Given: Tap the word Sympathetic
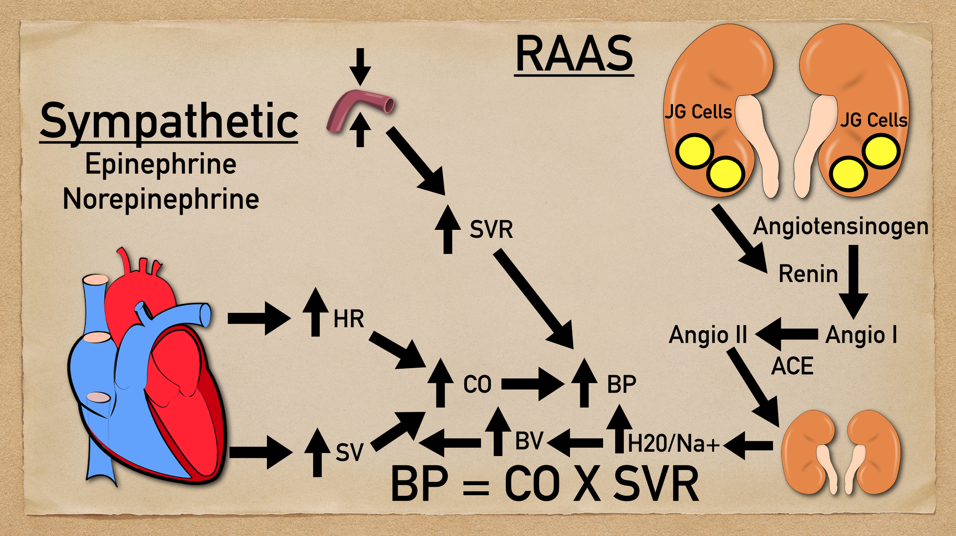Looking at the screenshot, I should pyautogui.click(x=169, y=122).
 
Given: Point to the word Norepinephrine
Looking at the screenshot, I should pyautogui.click(x=161, y=199).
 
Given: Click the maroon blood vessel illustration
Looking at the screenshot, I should pyautogui.click(x=359, y=109).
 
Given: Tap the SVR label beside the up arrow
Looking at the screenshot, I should pyautogui.click(x=491, y=230).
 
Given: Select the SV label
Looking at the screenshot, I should pyautogui.click(x=349, y=452).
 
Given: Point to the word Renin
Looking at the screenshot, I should pyautogui.click(x=808, y=274).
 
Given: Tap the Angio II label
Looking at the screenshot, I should pyautogui.click(x=708, y=335).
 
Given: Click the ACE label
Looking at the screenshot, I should pyautogui.click(x=792, y=366).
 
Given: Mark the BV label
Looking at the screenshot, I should pyautogui.click(x=529, y=441).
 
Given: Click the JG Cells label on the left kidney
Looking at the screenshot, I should pyautogui.click(x=698, y=112).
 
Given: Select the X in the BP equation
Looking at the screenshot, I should pyautogui.click(x=587, y=484).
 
